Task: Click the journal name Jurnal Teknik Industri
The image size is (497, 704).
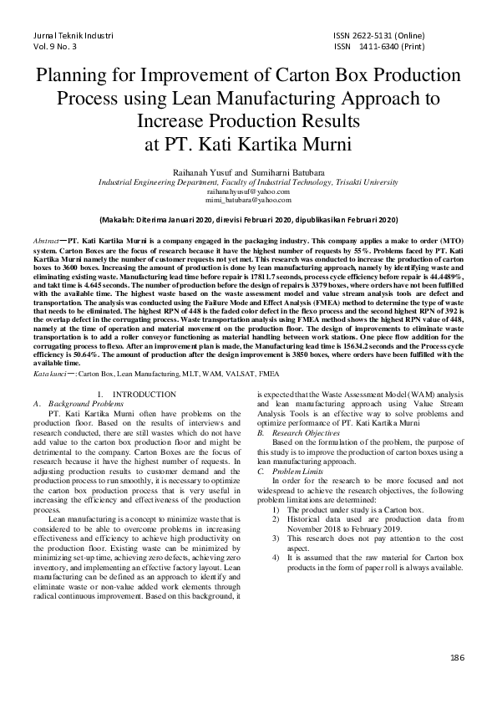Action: click(x=72, y=37)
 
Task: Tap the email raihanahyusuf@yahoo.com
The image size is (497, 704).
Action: click(x=248, y=191)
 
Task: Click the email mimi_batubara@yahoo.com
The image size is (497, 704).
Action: click(x=248, y=201)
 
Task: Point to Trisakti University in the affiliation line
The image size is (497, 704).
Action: click(x=359, y=181)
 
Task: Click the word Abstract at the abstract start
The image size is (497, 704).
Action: click(x=46, y=240)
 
